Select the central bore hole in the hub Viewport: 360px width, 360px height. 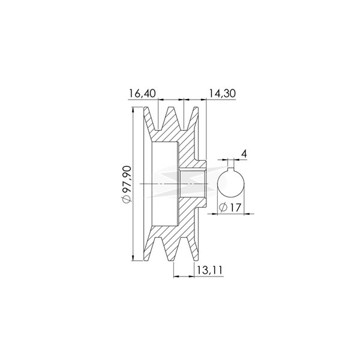pos(193,182)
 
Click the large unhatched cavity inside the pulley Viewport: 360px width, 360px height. pos(163,182)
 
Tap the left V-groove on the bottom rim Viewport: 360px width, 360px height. pos(160,247)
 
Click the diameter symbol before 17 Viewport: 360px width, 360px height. pos(223,207)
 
